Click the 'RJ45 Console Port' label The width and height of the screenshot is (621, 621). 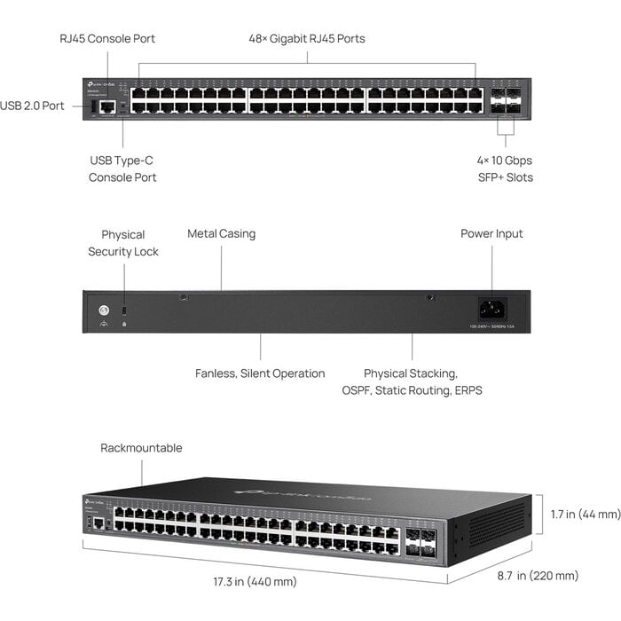click(107, 39)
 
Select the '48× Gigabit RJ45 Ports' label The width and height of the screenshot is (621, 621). click(306, 39)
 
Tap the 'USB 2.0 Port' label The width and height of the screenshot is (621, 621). click(32, 106)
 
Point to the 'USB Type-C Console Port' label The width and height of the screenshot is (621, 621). click(122, 169)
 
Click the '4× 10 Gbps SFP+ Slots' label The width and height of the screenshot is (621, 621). click(504, 169)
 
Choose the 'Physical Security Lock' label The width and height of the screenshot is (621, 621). click(123, 243)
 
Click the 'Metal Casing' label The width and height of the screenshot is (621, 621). click(221, 234)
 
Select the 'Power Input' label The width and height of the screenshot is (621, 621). click(491, 234)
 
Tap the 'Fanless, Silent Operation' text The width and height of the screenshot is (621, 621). click(260, 373)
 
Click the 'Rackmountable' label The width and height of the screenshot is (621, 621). click(141, 448)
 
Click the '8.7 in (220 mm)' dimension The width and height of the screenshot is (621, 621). click(538, 576)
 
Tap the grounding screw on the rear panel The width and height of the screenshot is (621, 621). click(104, 310)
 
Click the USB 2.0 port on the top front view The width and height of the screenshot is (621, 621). click(92, 106)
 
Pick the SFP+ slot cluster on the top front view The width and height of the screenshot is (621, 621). click(504, 100)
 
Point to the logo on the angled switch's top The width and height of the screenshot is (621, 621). click(302, 495)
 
